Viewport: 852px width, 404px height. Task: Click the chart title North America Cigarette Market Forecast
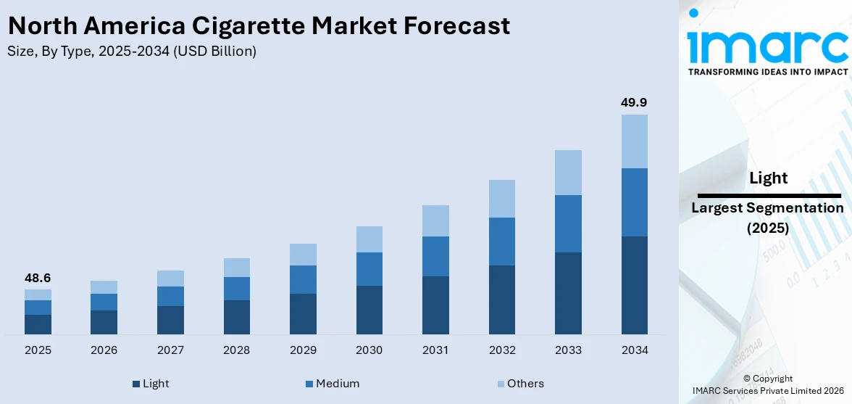(x=259, y=26)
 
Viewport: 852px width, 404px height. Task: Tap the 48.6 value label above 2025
(x=38, y=278)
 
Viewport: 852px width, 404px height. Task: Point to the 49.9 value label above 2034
(x=634, y=102)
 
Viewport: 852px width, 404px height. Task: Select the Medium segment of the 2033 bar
(x=568, y=223)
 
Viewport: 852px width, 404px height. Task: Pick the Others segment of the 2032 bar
(x=501, y=199)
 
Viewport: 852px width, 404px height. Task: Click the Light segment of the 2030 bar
(x=369, y=310)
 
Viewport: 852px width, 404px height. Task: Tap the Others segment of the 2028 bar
(x=236, y=268)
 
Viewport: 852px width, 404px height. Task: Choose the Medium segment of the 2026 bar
(x=104, y=302)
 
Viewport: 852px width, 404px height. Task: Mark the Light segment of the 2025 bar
(x=38, y=324)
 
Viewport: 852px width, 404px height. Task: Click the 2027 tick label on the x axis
(x=170, y=350)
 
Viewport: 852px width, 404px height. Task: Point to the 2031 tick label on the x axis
(x=435, y=350)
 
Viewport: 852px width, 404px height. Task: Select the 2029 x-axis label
(x=303, y=350)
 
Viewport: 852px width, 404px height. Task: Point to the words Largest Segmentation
(x=767, y=208)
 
